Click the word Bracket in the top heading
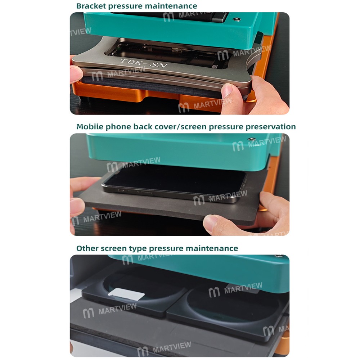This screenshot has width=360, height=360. pyautogui.click(x=91, y=6)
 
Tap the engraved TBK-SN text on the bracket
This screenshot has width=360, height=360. pyautogui.click(x=144, y=63)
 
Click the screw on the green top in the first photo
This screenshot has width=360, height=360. pyautogui.click(x=237, y=19)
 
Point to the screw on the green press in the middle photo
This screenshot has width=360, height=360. pyautogui.click(x=252, y=139)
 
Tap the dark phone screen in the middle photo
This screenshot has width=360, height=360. pyautogui.click(x=175, y=177)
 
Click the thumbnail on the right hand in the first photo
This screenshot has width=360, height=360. pyautogui.click(x=227, y=90)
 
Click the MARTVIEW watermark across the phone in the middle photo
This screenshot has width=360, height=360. pyautogui.click(x=220, y=197)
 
